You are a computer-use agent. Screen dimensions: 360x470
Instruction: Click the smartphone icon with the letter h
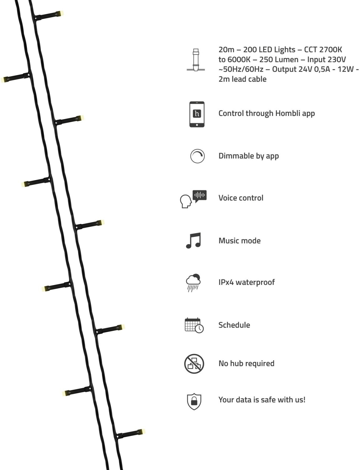click(x=197, y=114)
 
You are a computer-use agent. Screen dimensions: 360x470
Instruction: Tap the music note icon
click(x=193, y=241)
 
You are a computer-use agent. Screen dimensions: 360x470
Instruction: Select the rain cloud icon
click(x=193, y=282)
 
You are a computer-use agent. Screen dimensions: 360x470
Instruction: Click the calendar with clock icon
click(x=194, y=325)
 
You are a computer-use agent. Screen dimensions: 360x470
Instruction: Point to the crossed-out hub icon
click(x=194, y=363)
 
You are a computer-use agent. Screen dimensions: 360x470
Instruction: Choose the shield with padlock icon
click(x=194, y=401)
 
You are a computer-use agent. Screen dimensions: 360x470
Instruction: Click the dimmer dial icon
click(x=197, y=156)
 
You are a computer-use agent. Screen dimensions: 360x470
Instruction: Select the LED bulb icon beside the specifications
click(x=196, y=60)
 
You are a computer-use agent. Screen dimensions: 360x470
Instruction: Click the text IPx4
click(x=226, y=282)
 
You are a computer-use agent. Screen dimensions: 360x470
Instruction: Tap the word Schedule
click(x=234, y=325)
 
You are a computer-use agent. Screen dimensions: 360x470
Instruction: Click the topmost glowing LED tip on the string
click(x=61, y=13)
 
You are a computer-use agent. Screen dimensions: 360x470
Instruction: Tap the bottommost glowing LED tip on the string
click(x=143, y=431)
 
